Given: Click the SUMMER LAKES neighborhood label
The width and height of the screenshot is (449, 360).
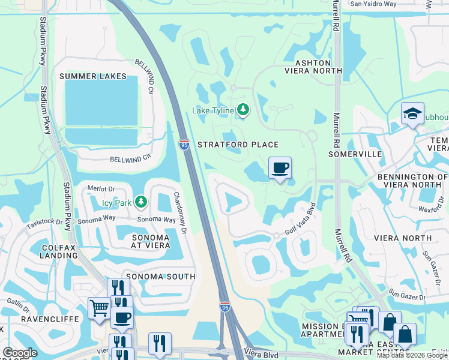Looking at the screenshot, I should (x=93, y=76).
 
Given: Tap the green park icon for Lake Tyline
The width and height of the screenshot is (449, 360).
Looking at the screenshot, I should (x=243, y=109).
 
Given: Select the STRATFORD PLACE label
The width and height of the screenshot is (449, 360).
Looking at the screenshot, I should (x=238, y=145).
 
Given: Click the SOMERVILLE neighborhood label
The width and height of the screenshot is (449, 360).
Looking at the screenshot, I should (x=355, y=154).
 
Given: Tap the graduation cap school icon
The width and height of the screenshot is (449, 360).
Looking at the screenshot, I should (x=413, y=113).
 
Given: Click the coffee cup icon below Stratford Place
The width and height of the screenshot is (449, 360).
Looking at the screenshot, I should (x=280, y=167).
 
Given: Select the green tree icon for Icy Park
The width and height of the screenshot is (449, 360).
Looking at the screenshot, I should (x=140, y=202).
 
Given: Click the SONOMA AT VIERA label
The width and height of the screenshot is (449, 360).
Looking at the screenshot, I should (x=145, y=242).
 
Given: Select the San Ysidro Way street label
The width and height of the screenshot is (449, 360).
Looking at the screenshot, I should (x=373, y=4).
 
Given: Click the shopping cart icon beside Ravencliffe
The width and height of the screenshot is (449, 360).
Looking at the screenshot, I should (x=99, y=308).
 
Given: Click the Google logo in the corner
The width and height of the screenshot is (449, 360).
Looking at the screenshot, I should (x=20, y=353).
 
